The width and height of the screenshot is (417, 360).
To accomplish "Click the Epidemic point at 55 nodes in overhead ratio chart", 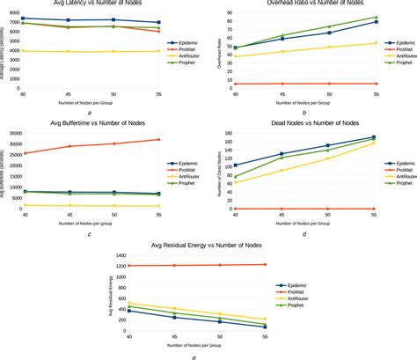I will click(375, 22).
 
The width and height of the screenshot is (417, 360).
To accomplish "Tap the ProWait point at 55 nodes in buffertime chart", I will click(158, 140).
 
